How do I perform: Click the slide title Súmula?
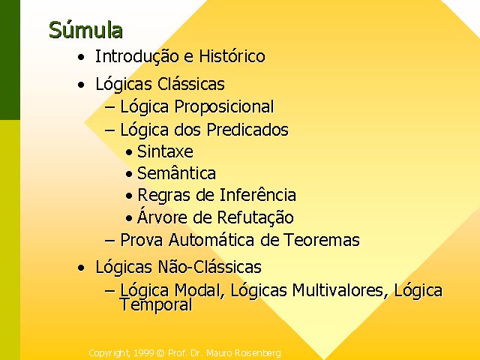coord(85,30)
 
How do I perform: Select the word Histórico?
coord(232,56)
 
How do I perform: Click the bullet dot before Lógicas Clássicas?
coord(81,85)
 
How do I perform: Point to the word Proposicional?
coord(224,107)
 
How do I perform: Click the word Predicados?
coord(247,130)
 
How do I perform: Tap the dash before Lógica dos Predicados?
coord(110,130)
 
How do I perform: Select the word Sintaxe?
coord(165,151)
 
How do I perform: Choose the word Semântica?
coord(176,173)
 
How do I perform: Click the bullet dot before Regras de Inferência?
coord(129,196)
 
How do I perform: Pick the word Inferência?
coord(258,195)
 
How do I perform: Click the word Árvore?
coord(162,216)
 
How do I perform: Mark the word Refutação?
coord(255,217)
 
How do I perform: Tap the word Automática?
coord(211,239)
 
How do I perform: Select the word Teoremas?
coord(322,239)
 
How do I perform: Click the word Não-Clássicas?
coord(209,267)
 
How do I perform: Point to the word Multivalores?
coord(337,290)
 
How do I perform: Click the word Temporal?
coord(156,304)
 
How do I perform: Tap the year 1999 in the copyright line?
coord(143,353)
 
